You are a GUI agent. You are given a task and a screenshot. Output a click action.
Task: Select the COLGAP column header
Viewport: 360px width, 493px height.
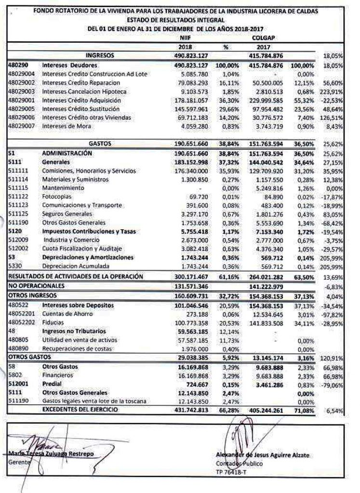click(262, 38)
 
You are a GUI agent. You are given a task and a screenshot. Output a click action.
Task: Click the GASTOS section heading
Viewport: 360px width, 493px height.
click(101, 143)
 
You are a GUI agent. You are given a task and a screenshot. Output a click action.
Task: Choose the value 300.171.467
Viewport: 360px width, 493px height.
click(193, 277)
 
